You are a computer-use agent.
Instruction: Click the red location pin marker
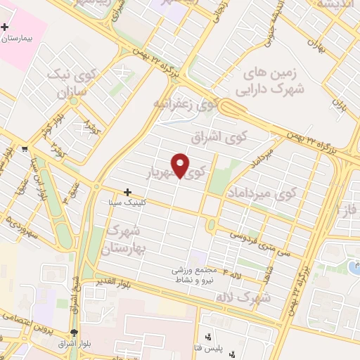click(x=181, y=165)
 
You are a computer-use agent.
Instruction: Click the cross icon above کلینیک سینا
click(x=127, y=191)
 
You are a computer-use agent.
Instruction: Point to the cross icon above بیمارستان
click(x=5, y=27)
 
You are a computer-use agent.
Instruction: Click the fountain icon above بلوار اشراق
click(x=75, y=333)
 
